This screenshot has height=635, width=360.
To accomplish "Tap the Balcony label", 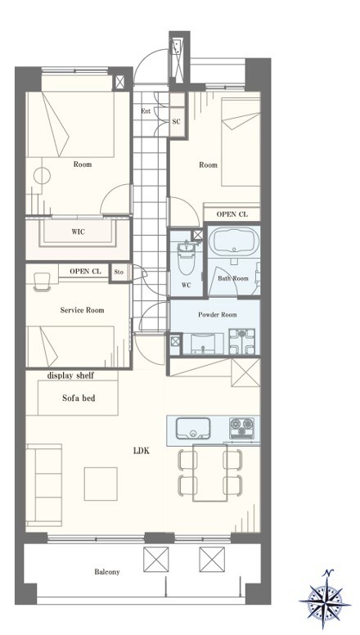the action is (x=107, y=572).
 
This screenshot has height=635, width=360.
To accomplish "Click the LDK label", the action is (x=142, y=451).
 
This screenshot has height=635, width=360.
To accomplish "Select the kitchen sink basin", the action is (x=193, y=429).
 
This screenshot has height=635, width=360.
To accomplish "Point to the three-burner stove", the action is (x=241, y=428).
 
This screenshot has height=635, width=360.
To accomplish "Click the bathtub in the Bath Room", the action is (x=234, y=241).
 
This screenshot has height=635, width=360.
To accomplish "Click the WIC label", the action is (x=78, y=232).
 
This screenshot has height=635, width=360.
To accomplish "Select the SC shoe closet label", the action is (x=176, y=121).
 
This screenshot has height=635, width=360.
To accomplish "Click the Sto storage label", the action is (x=119, y=272).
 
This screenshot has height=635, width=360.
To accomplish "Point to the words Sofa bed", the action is (x=79, y=398).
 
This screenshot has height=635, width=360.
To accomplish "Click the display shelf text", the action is (x=70, y=376).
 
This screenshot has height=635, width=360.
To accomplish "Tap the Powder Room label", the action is (x=218, y=315).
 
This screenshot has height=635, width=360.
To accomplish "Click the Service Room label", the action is (x=82, y=310).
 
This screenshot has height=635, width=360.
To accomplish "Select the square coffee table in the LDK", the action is (x=101, y=484).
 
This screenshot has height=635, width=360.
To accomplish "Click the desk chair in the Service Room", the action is (x=41, y=281).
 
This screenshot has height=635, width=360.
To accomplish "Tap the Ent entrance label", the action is (x=146, y=111).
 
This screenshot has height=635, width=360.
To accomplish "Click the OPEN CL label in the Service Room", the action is (x=85, y=272).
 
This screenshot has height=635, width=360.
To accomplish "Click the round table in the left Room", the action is (x=42, y=176).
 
